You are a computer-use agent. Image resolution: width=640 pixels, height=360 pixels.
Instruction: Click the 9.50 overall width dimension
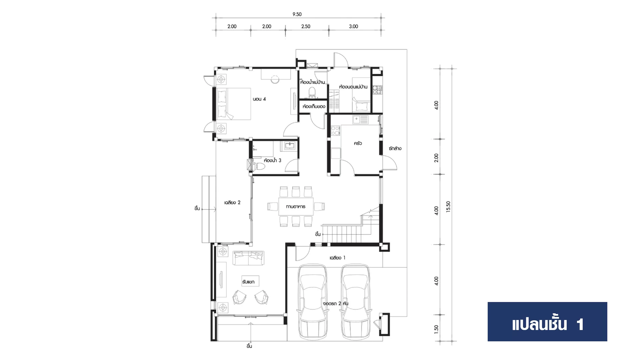coord(297,14)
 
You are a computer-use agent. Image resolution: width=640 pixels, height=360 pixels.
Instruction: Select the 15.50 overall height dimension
coord(448,207)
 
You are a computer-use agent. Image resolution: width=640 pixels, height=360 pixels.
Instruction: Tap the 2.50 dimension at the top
coord(306,26)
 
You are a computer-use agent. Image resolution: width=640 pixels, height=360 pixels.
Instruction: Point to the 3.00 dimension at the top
coord(353,26)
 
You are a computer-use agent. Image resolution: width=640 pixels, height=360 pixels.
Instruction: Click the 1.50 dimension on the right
coord(436,329)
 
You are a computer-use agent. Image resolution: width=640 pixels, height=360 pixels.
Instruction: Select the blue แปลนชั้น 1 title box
coord(547,322)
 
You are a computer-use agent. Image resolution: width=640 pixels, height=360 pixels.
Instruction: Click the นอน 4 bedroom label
coord(259,99)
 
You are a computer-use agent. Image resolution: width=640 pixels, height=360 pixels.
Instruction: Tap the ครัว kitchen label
coord(358,143)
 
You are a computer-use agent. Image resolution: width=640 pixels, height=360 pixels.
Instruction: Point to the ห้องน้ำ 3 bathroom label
coord(272,160)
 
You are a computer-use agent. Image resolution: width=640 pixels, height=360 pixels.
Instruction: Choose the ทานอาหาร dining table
coord(296,206)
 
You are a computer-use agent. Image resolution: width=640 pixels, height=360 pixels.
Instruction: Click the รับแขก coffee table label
coord(248,282)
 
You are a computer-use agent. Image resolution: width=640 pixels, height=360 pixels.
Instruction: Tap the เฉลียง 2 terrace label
coord(232,202)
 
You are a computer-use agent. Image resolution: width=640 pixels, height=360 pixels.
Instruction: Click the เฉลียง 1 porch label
coord(337,258)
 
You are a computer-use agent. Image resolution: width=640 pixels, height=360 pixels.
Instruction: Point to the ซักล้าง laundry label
coord(395,149)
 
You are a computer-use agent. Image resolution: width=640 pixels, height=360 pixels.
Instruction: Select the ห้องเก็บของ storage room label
coord(314,107)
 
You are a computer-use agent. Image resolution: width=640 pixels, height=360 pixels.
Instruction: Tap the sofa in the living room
coord(248,258)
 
